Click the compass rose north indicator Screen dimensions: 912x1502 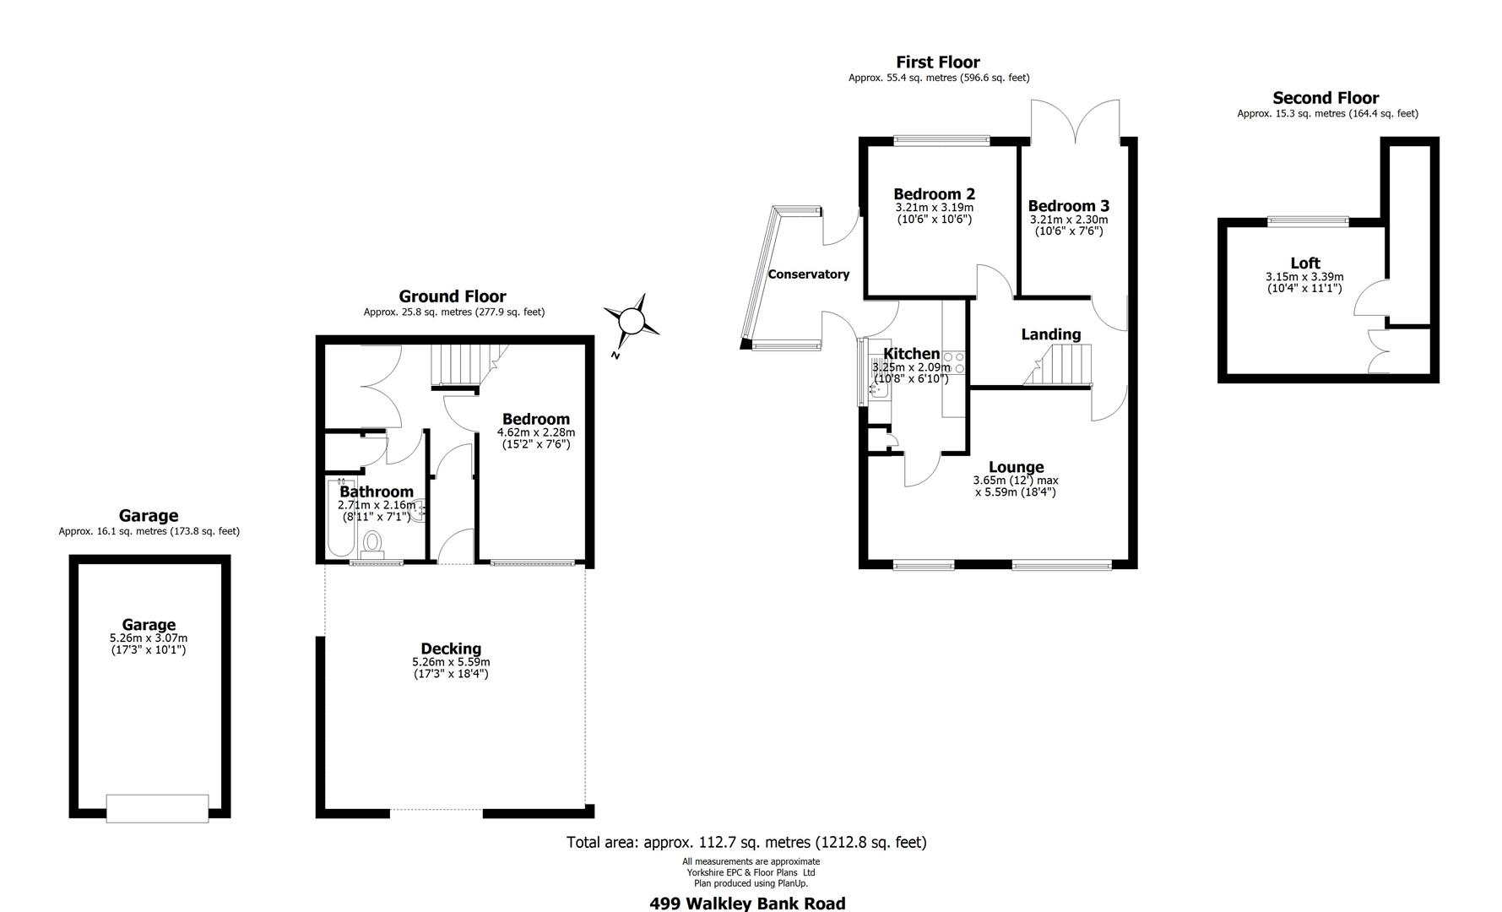tap(631, 322)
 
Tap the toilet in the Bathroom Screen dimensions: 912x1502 tap(371, 543)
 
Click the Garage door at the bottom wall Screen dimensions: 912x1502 tap(157, 808)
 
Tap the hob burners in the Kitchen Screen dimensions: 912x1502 tap(954, 364)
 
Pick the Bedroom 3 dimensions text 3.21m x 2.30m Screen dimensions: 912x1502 tap(1069, 220)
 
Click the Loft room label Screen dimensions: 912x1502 tap(1304, 263)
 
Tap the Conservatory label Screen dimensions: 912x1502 tap(808, 274)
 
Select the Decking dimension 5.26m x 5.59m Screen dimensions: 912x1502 tap(451, 662)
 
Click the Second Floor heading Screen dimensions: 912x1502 tap(1326, 98)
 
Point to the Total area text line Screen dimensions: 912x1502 tap(746, 842)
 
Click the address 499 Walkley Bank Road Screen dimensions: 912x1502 tap(747, 904)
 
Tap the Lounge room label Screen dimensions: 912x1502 tap(1017, 467)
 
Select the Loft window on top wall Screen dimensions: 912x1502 tap(1308, 221)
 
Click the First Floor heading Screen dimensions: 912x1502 tap(937, 62)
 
